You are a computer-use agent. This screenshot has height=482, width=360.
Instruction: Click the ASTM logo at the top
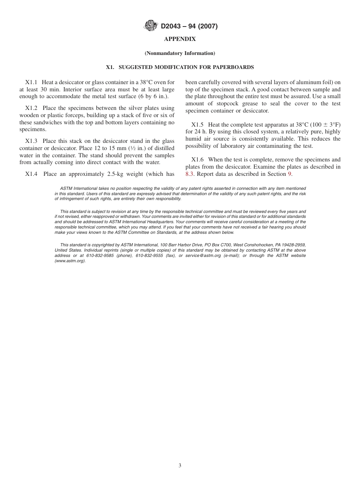[151, 26]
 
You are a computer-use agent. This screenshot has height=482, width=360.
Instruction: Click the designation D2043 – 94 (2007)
[189, 26]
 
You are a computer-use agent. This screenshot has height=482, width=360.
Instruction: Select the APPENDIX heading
[180, 39]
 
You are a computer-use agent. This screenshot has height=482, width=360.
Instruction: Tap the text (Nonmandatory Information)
[180, 53]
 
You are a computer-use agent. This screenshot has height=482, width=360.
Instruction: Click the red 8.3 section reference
[189, 174]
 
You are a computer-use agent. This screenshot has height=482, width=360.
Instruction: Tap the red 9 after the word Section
[290, 174]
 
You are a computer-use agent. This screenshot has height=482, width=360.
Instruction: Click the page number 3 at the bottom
[180, 465]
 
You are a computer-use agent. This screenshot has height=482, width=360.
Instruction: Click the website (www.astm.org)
[70, 261]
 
